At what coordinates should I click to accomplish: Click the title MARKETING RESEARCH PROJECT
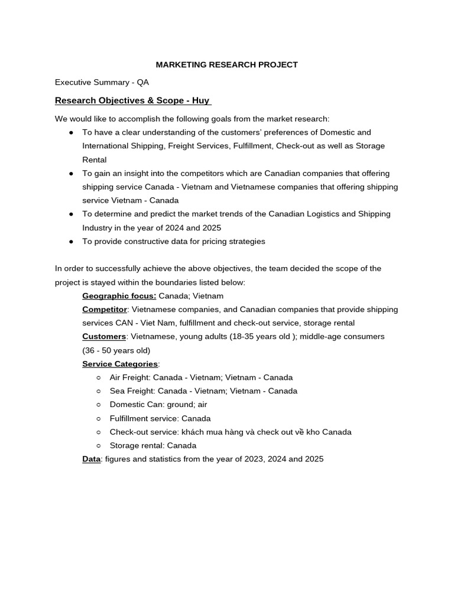[x=227, y=64]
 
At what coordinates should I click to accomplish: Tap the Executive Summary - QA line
[x=102, y=83]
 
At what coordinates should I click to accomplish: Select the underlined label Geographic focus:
[x=119, y=296]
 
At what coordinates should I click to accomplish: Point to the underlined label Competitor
[x=104, y=310]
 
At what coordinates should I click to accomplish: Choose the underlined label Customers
[x=104, y=337]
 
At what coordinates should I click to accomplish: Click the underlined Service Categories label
[x=119, y=364]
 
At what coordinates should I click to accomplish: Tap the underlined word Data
[x=91, y=459]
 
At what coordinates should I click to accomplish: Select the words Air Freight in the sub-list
[x=129, y=378]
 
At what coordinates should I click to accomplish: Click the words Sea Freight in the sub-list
[x=129, y=391]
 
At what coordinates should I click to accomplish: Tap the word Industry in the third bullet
[x=97, y=228]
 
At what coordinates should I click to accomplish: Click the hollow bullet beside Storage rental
[x=99, y=446]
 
